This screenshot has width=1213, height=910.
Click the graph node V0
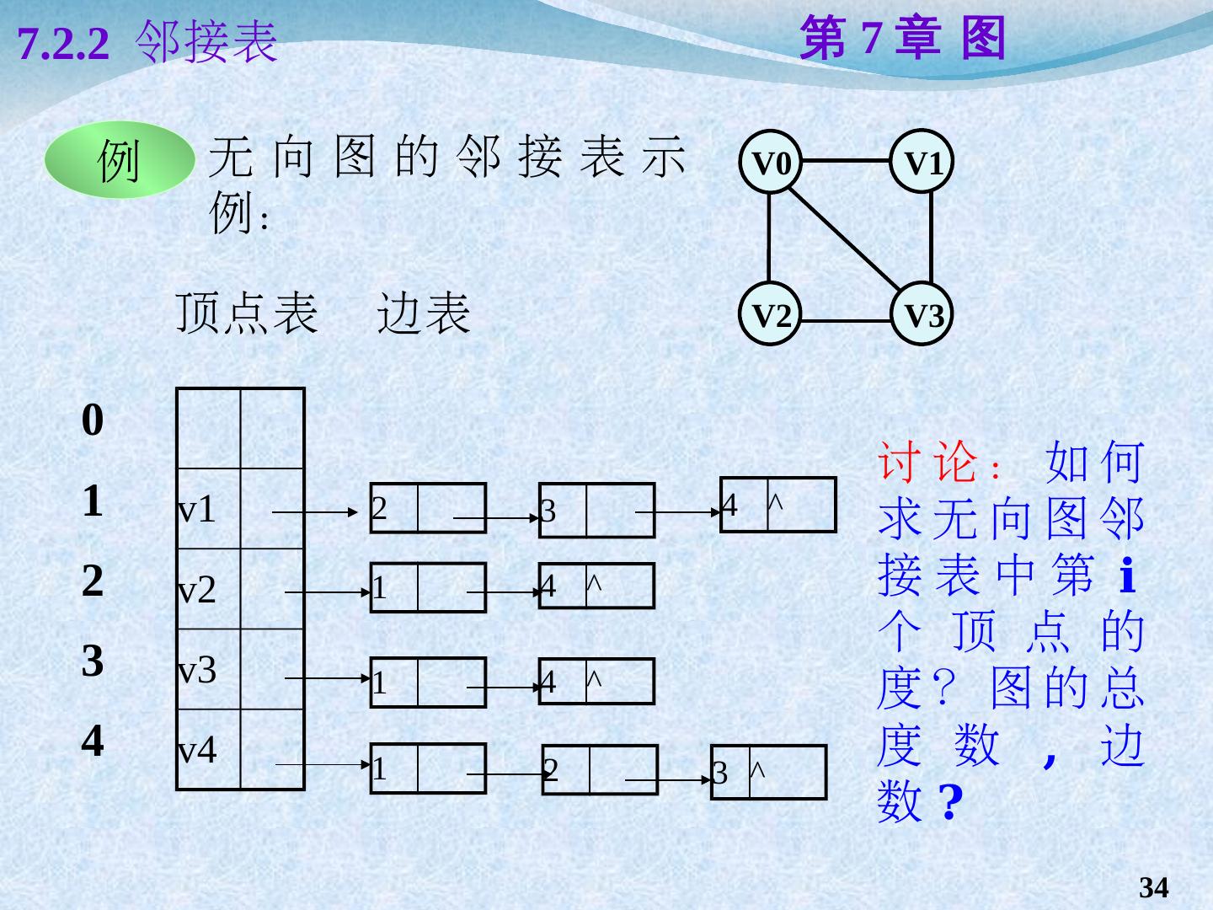[x=771, y=163]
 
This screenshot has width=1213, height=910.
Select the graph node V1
[x=923, y=163]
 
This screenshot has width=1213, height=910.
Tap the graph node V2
[x=771, y=316]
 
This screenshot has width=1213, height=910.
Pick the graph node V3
[x=923, y=316]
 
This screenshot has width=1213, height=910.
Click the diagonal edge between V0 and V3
[x=847, y=238]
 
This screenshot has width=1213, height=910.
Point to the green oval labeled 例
[x=119, y=160]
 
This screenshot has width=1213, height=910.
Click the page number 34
[x=1153, y=887]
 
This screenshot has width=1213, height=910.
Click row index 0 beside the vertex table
[x=93, y=420]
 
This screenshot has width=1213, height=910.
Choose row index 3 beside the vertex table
[x=93, y=661]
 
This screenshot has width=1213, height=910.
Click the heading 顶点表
[x=247, y=313]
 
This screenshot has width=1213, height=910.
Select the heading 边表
[x=423, y=313]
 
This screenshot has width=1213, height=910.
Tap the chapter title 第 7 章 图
[x=902, y=39]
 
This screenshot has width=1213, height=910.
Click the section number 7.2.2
[x=63, y=44]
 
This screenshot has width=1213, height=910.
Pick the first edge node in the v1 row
[x=428, y=508]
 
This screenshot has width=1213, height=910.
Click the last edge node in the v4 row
[x=768, y=772]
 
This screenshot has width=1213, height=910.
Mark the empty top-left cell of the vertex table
[x=208, y=428]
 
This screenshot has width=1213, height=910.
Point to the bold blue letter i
[x=1128, y=576]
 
